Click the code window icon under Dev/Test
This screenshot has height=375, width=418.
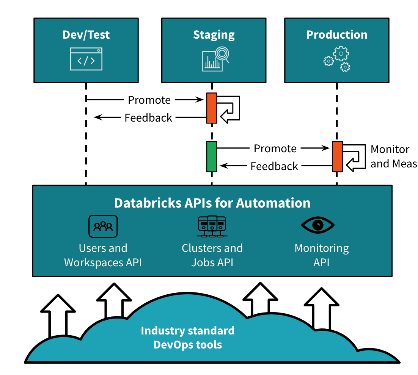click(x=86, y=59)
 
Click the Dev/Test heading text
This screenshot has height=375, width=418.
click(x=86, y=35)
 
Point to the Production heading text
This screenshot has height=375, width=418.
click(x=337, y=35)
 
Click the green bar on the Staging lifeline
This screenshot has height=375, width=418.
click(x=212, y=156)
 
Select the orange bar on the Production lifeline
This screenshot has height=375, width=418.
click(x=338, y=156)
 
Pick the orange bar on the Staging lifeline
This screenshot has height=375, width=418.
click(x=212, y=108)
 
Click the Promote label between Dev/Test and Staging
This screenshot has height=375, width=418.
click(x=149, y=100)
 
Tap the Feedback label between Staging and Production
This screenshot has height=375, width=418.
click(x=274, y=166)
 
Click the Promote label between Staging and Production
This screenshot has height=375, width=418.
click(x=275, y=148)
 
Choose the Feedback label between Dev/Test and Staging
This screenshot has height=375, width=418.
click(x=148, y=118)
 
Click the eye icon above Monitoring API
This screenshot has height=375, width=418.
click(x=318, y=225)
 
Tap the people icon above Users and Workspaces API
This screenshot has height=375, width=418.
click(x=103, y=226)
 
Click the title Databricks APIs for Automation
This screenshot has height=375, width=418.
click(x=212, y=203)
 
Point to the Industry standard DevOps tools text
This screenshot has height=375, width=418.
click(x=188, y=337)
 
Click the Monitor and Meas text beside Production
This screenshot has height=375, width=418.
click(x=393, y=156)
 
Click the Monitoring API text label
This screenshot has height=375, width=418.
click(x=322, y=255)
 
